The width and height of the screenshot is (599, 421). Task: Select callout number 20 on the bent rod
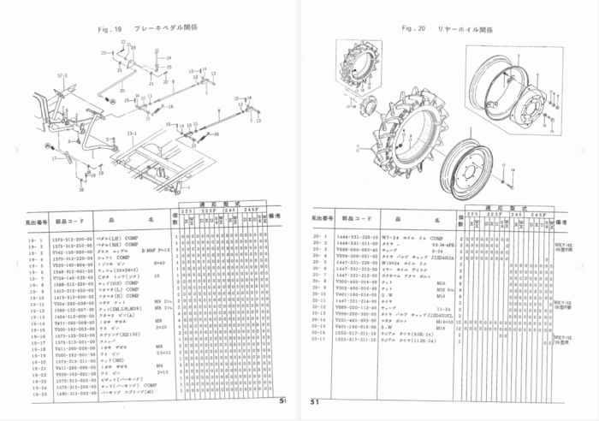point(122,90)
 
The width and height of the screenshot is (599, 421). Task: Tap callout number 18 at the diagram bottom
point(80,190)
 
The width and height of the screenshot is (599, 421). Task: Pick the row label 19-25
point(37,394)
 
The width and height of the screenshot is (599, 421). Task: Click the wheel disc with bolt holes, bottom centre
point(469,167)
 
